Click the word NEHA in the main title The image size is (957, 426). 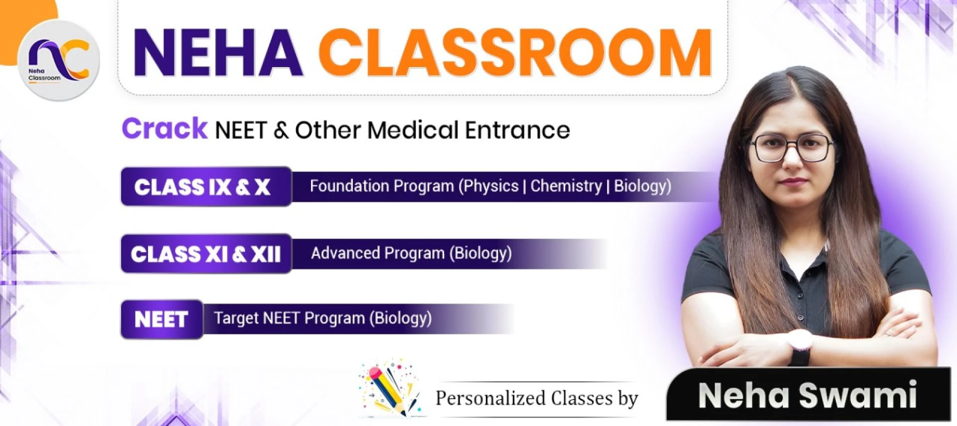pos(217,53)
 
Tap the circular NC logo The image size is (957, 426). pos(59,60)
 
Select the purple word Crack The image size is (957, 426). pos(164,128)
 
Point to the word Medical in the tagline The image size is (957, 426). pos(413,130)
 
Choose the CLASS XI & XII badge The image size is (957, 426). pos(205,254)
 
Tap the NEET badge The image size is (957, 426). pos(161,319)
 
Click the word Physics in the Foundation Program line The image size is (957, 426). pos(491,186)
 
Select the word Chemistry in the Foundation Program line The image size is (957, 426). pos(566,186)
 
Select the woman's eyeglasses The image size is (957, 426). pos(792,147)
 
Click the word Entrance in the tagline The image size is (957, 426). pos(517,130)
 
